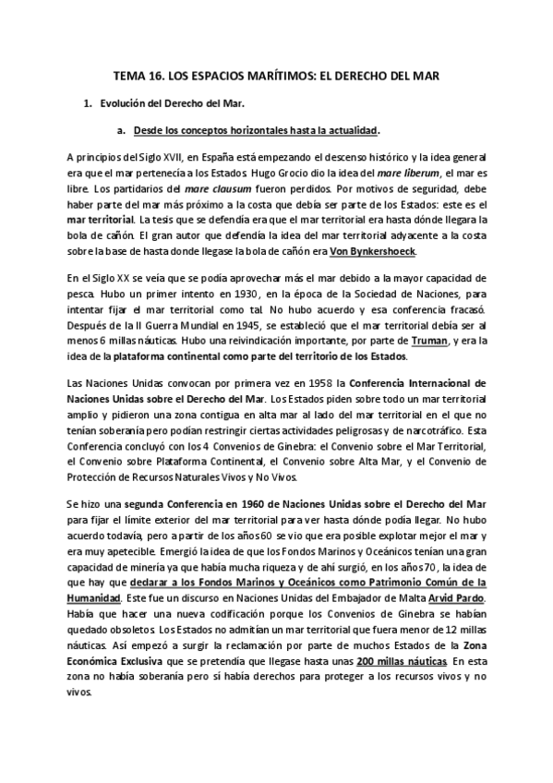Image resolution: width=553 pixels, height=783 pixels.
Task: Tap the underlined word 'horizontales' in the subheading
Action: [x=256, y=130]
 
